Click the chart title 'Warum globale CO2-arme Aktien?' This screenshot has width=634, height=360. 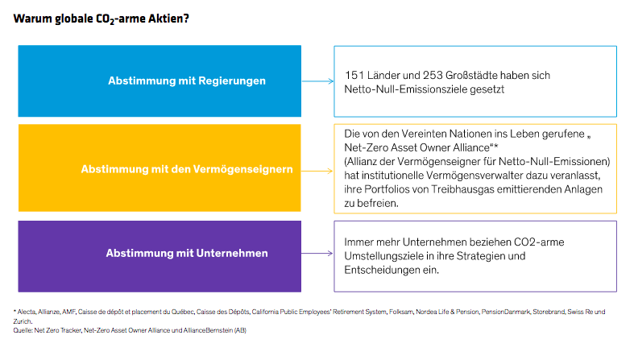[x=102, y=18]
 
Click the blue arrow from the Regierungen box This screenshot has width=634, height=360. [x=317, y=81]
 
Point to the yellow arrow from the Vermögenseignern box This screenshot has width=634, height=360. [x=317, y=168]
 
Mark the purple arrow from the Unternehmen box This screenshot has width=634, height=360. [x=317, y=253]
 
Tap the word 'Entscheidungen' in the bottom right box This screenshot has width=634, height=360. [x=383, y=271]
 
